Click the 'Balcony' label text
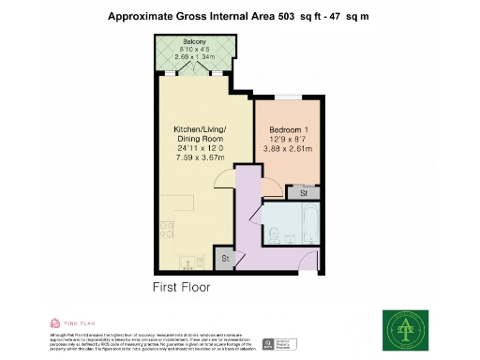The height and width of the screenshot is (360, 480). (195, 42)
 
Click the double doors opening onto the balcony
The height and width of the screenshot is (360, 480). (195, 72)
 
